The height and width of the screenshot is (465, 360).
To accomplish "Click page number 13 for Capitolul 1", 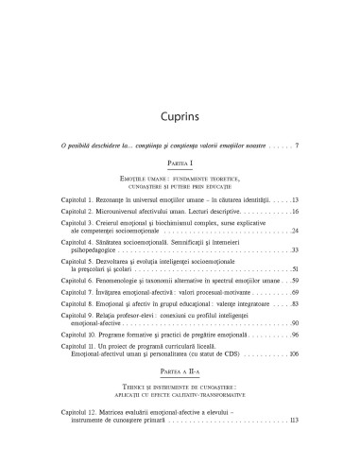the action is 295,201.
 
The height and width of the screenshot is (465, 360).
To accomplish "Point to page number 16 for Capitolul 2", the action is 295,215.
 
